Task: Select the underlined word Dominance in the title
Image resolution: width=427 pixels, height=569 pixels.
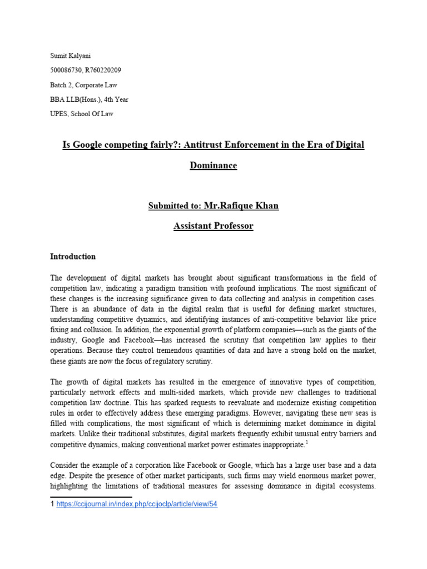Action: point(213,166)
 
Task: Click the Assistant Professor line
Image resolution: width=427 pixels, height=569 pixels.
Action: point(213,226)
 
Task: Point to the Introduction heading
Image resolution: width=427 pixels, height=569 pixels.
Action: point(73,257)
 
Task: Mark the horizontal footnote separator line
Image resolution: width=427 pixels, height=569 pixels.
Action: point(91,497)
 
